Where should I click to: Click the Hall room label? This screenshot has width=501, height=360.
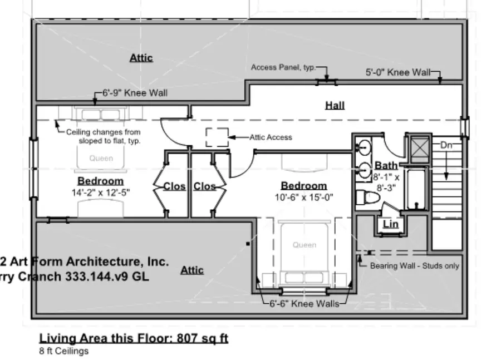coord(335,105)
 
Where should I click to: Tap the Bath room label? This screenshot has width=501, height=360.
coord(386,165)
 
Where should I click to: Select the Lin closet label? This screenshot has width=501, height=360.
coord(391,224)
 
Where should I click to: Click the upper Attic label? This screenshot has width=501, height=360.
coord(141,57)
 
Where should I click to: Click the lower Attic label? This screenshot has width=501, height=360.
coord(192,270)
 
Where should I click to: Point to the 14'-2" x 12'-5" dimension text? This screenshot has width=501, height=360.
coord(101,192)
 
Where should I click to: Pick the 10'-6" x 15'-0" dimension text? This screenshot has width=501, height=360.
coord(304,197)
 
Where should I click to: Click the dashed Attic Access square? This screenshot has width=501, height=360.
coord(217,137)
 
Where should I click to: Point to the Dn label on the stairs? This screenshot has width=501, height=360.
coord(446,145)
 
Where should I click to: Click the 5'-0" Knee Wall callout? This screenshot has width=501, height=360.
coord(397,72)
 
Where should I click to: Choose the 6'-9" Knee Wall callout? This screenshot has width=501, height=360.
coord(134,93)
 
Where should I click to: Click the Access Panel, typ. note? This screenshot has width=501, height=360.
coord(283,67)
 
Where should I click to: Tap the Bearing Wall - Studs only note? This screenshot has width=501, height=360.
coord(415,266)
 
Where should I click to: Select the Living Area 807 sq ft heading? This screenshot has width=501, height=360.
coord(134,338)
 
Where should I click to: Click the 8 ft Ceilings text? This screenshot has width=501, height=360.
coord(64,351)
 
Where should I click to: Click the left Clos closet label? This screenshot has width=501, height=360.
coord(174,186)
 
